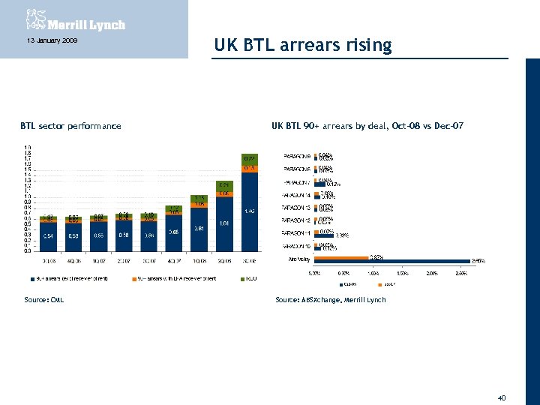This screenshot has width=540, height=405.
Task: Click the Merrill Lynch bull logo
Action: tap(34, 19)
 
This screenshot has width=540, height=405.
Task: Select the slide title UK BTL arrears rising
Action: tap(302, 46)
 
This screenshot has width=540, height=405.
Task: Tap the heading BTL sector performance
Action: tap(70, 126)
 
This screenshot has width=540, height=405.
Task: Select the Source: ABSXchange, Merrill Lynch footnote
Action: tap(331, 300)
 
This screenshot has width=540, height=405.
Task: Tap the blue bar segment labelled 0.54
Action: tap(48, 235)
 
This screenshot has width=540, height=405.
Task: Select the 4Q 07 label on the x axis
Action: tap(173, 261)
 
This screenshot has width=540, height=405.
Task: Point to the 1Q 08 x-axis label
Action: tap(199, 261)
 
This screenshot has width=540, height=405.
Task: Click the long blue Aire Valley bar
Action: tap(390, 261)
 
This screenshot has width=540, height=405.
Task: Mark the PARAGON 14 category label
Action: tap(297, 195)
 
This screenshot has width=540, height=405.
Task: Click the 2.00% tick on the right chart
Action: tap(433, 274)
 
